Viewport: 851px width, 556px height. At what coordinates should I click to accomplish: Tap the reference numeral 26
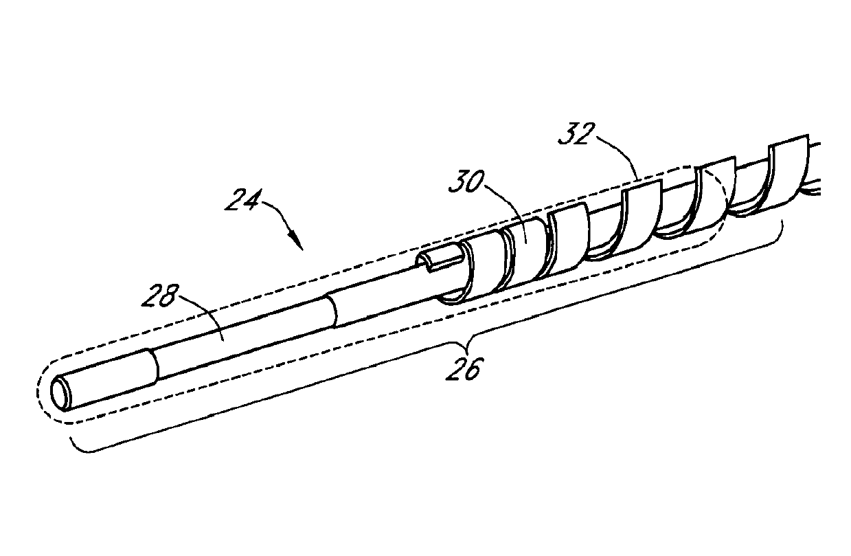point(459,368)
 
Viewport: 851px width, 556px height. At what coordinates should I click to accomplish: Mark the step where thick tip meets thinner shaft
point(153,364)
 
